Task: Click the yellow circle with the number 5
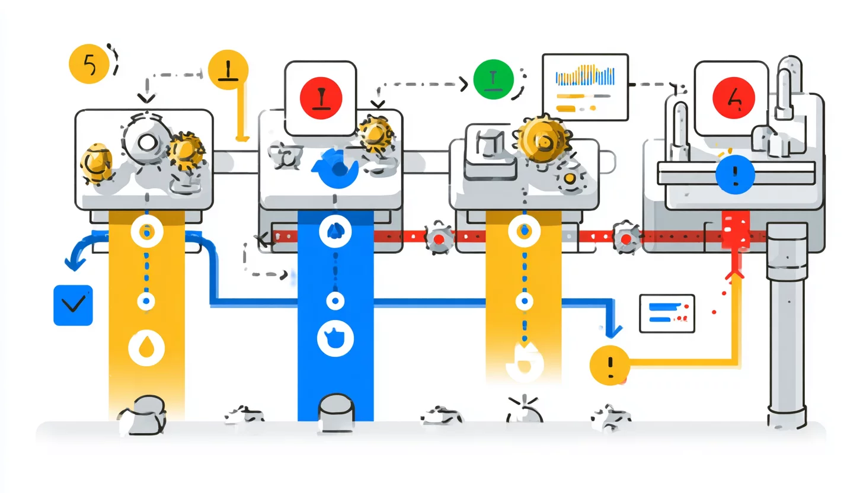pyautogui.click(x=89, y=65)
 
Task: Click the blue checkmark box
pyautogui.click(x=73, y=305)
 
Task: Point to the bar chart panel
pyautogui.click(x=585, y=87)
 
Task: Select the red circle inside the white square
pyautogui.click(x=320, y=98)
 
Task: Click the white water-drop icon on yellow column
pyautogui.click(x=146, y=345)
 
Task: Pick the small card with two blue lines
pyautogui.click(x=666, y=313)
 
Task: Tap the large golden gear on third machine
pyautogui.click(x=539, y=139)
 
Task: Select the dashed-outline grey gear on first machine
pyautogui.click(x=146, y=141)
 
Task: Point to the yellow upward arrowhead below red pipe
pyautogui.click(x=735, y=274)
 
